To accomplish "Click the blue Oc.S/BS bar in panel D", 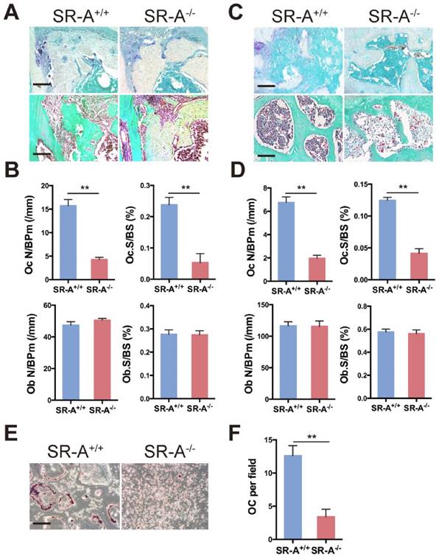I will point(381,240).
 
